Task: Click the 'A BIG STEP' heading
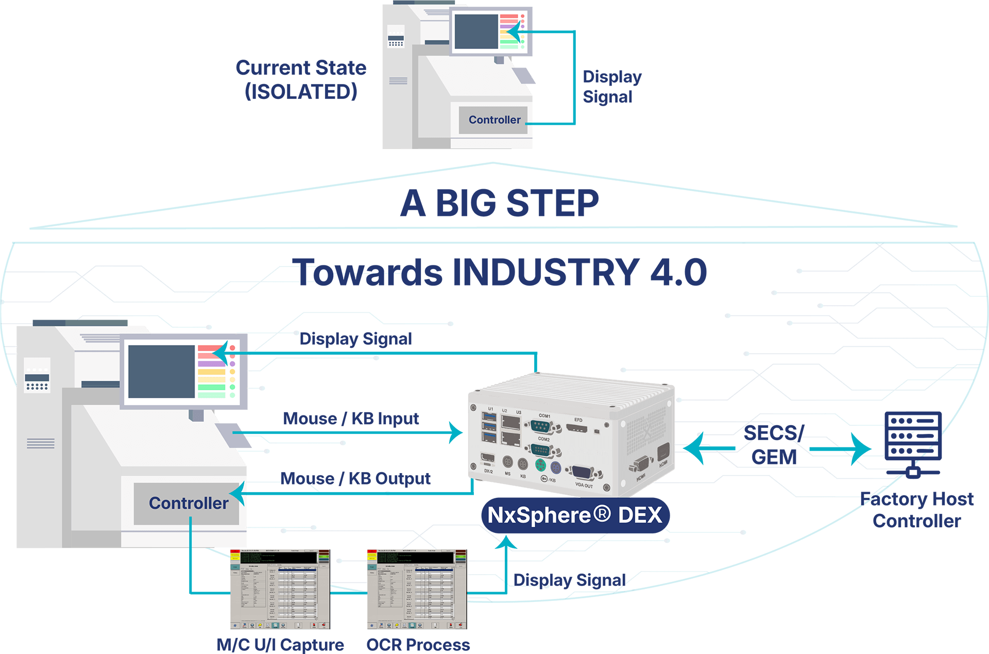pos(499,203)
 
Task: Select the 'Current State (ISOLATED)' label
pos(301,80)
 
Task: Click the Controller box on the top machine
pos(493,120)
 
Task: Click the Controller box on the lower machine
pos(188,503)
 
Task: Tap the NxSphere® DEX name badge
pos(574,515)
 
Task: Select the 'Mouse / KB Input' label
pos(351,418)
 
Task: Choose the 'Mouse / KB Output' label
pos(355,479)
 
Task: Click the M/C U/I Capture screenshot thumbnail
pos(280,589)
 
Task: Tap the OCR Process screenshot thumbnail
pos(416,589)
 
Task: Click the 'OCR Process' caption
pos(418,645)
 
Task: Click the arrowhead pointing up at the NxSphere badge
pos(507,542)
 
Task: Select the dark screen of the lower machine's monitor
pos(161,371)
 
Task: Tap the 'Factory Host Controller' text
pos(917,510)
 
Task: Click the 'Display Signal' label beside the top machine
pos(612,87)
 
